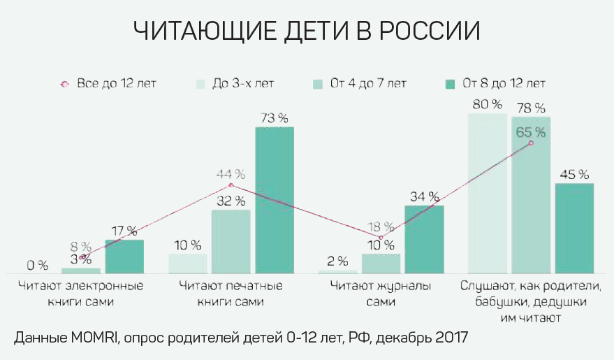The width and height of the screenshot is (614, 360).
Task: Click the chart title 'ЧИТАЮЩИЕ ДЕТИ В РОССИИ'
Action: [x=307, y=32]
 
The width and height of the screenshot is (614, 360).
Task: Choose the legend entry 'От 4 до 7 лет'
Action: [x=360, y=84]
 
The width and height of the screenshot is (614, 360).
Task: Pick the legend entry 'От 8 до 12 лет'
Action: [x=495, y=84]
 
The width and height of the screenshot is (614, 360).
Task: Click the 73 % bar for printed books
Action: [x=275, y=199]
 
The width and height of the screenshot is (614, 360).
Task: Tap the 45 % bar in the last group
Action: [x=574, y=227]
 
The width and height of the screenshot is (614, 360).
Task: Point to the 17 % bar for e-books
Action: [x=124, y=256]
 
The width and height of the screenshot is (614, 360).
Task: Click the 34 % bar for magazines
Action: [x=424, y=238]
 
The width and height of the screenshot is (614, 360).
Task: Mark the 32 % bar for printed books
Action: [x=231, y=241]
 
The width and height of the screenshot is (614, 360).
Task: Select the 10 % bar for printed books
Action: [x=188, y=263]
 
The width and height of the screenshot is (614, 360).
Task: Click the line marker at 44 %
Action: [x=231, y=185]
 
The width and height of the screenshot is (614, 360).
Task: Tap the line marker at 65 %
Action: [x=531, y=143]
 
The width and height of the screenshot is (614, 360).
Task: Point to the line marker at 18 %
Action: [x=381, y=238]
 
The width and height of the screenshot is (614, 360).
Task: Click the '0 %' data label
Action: [x=38, y=266]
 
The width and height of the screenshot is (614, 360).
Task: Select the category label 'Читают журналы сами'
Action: [x=381, y=294]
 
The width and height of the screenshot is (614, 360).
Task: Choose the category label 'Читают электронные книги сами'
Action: [x=80, y=294]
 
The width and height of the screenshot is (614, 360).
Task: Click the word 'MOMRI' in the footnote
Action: [x=88, y=338]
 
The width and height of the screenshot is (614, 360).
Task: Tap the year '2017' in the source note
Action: [x=445, y=338]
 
